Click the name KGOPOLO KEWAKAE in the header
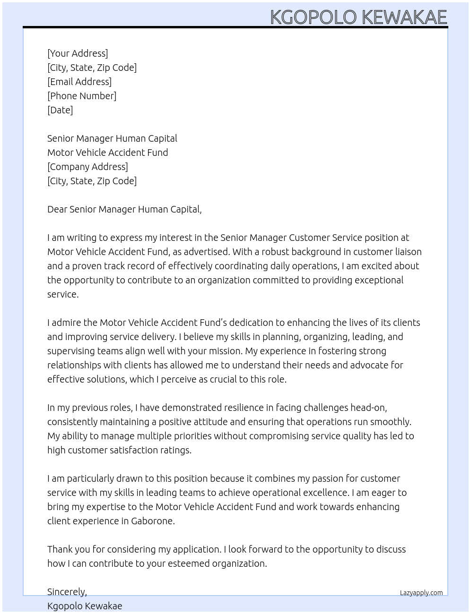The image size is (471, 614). (358, 17)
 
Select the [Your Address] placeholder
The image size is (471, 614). (78, 53)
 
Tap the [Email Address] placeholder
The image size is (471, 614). (79, 82)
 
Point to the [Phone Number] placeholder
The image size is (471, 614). (82, 96)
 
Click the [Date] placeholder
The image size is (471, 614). (60, 110)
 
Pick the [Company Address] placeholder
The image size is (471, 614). (87, 167)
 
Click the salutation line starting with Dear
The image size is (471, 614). (124, 209)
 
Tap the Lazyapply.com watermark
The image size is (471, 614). (421, 593)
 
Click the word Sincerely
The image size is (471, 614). (67, 592)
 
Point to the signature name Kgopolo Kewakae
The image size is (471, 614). (85, 606)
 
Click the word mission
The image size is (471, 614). (225, 351)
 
